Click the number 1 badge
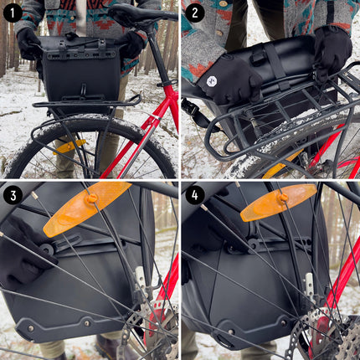tap(13, 13)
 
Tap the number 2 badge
tap(195, 13)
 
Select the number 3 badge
tap(13, 195)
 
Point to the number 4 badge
tap(195, 195)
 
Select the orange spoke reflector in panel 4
tap(278, 202)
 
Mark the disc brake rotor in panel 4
tap(335, 335)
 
